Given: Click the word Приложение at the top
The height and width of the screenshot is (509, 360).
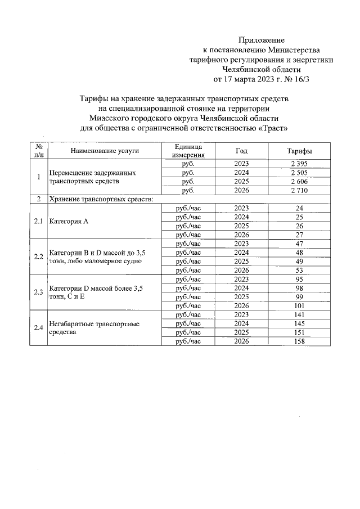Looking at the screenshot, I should click(262, 40).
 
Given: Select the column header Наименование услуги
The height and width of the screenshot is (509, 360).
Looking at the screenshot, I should click(105, 151).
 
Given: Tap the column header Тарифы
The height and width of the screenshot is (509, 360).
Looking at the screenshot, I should click(300, 151).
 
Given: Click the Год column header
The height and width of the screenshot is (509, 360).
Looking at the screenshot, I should click(241, 151).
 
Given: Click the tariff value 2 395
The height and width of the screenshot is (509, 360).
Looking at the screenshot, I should click(300, 164).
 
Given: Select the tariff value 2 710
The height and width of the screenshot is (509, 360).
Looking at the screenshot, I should click(300, 191).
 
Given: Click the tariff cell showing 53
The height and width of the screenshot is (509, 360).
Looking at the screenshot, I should click(300, 270).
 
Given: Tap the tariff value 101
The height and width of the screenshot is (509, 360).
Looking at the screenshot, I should click(300, 305).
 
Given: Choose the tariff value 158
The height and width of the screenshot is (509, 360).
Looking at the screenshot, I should click(300, 341).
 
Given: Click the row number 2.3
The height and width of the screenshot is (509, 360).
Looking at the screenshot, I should click(38, 292).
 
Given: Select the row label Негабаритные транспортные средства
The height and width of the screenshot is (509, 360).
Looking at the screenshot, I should click(94, 328).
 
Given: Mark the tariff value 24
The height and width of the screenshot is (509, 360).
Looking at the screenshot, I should click(300, 208).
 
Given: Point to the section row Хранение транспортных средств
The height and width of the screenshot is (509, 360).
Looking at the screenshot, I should click(101, 199).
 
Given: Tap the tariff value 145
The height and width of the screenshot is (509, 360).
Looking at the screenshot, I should click(300, 323).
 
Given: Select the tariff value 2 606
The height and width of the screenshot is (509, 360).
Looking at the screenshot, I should click(300, 182).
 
